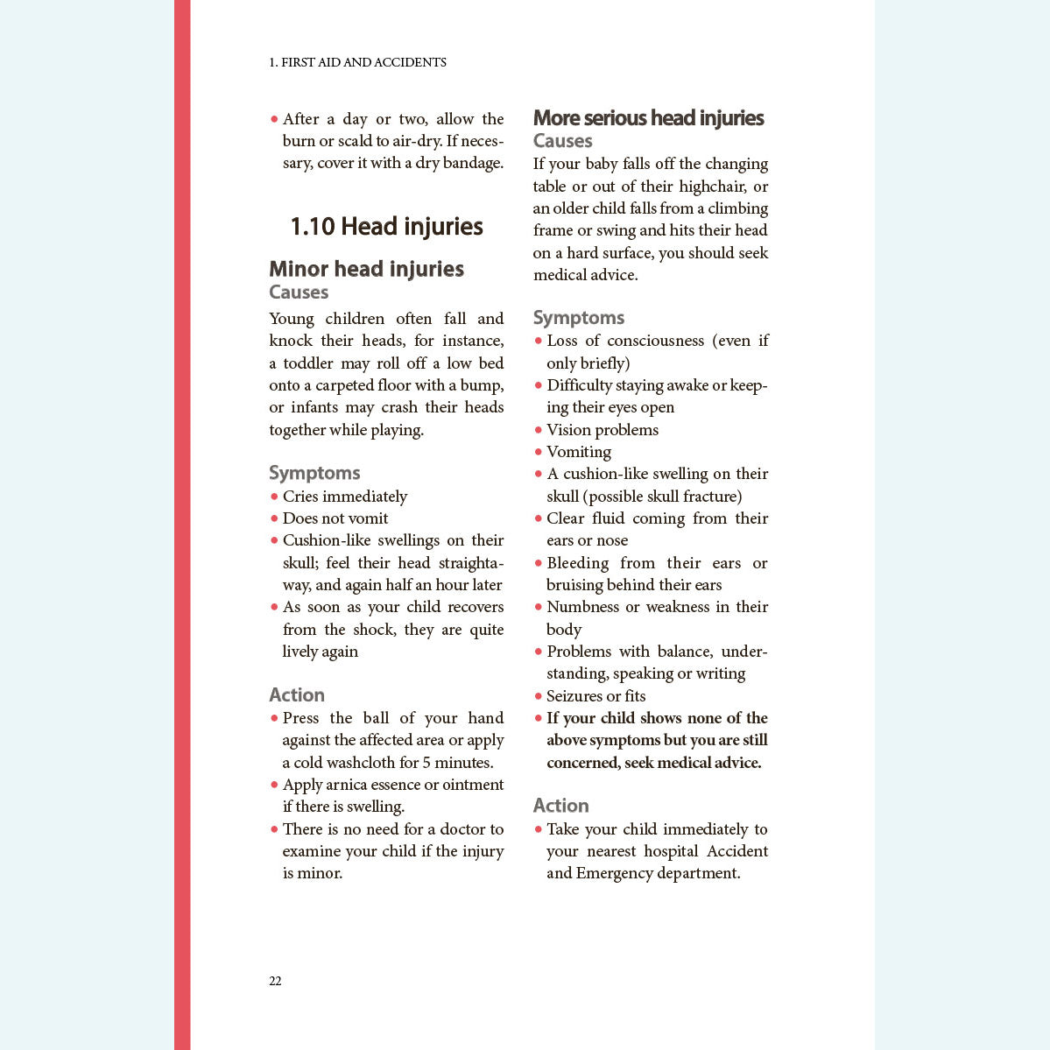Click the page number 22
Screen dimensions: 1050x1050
(x=275, y=981)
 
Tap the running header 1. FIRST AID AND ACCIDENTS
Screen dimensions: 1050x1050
(x=357, y=62)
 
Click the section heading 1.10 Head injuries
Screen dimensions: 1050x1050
(x=386, y=227)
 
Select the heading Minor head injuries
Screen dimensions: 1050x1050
(x=366, y=269)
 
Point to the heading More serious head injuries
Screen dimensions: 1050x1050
(x=648, y=118)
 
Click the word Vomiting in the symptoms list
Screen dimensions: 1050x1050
(x=579, y=452)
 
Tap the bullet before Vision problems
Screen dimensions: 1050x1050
(x=539, y=430)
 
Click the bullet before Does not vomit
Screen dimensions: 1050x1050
(x=274, y=518)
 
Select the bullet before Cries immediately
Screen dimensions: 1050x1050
(x=274, y=497)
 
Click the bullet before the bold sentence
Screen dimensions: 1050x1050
(x=539, y=718)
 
